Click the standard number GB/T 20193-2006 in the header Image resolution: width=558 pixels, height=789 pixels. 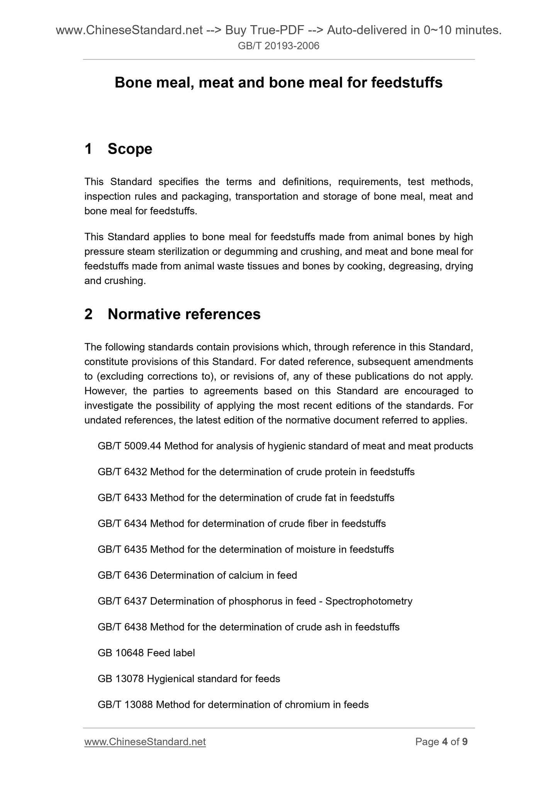click(278, 46)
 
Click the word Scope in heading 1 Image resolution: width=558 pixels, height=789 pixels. click(130, 149)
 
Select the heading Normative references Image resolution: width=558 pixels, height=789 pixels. click(184, 314)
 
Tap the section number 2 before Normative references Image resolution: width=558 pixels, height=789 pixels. click(88, 314)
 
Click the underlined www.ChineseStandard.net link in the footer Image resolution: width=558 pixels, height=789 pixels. click(145, 742)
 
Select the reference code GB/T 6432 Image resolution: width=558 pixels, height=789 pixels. click(122, 472)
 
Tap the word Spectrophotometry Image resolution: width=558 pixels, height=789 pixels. click(369, 601)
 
